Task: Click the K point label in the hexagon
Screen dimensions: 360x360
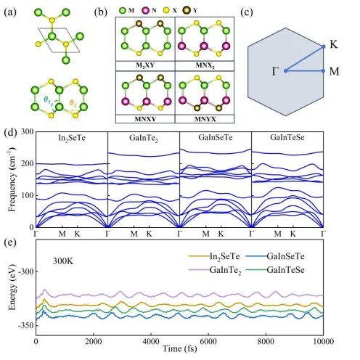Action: coord(334,44)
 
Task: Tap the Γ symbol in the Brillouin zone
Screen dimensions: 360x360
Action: coord(275,71)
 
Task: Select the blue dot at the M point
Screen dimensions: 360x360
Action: coord(324,71)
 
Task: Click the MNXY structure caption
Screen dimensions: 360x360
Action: coord(145,119)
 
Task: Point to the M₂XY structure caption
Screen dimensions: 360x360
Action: coord(145,65)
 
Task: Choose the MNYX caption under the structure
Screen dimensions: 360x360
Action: coord(205,119)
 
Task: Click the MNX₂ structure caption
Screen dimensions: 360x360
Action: coord(205,65)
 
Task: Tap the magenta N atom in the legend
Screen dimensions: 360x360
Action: coord(146,10)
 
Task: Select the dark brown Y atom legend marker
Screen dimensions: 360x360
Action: coord(187,10)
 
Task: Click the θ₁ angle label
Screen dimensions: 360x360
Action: coord(47,99)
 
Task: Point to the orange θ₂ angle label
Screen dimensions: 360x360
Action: coord(73,103)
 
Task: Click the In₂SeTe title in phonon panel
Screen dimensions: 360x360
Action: coord(72,138)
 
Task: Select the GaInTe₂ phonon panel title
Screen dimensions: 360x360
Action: coord(144,138)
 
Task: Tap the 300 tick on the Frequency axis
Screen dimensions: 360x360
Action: coord(27,131)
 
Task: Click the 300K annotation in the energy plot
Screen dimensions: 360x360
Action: coord(63,261)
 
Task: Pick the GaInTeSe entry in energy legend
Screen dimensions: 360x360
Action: coord(275,270)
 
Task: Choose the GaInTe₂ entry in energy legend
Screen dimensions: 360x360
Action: coord(215,271)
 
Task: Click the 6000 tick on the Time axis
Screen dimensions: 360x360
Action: coord(208,341)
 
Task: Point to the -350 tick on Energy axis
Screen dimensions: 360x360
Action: coord(25,325)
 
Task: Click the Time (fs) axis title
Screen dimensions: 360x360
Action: coord(179,349)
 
